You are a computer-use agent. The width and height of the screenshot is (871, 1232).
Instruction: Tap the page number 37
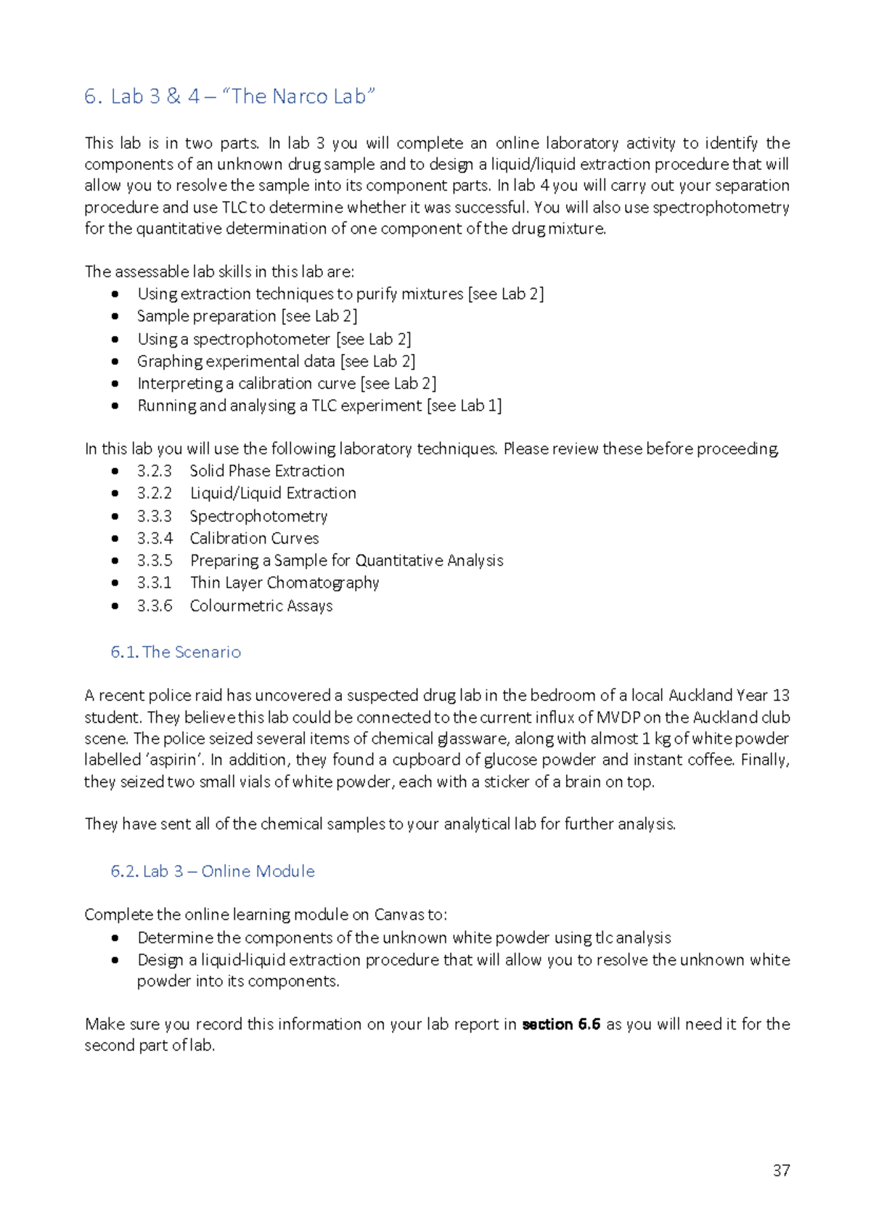(781, 1170)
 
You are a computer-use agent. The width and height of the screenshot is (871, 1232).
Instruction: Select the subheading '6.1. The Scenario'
(176, 652)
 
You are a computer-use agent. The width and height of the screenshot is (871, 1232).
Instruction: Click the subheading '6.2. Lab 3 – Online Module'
(213, 871)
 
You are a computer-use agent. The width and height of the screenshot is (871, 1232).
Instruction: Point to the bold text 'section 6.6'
(561, 1024)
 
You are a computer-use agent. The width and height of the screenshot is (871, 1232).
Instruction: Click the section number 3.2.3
(154, 471)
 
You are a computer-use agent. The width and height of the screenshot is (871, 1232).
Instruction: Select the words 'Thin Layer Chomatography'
(285, 583)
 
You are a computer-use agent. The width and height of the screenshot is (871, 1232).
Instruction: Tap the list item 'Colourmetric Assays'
(261, 606)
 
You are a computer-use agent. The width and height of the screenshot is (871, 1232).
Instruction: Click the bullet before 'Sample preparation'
(115, 316)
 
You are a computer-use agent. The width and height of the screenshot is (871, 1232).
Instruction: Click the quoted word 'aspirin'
(174, 760)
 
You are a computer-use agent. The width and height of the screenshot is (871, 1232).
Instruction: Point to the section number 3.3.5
(154, 560)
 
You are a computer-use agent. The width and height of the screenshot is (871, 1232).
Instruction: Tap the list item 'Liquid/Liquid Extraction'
(273, 493)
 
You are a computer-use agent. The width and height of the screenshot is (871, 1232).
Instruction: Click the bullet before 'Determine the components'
(115, 937)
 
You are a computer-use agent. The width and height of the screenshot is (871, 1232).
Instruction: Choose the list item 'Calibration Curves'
(254, 538)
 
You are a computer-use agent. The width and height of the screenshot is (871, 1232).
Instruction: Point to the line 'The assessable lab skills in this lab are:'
(219, 271)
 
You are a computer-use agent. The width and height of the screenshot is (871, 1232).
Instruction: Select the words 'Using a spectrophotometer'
(234, 339)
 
